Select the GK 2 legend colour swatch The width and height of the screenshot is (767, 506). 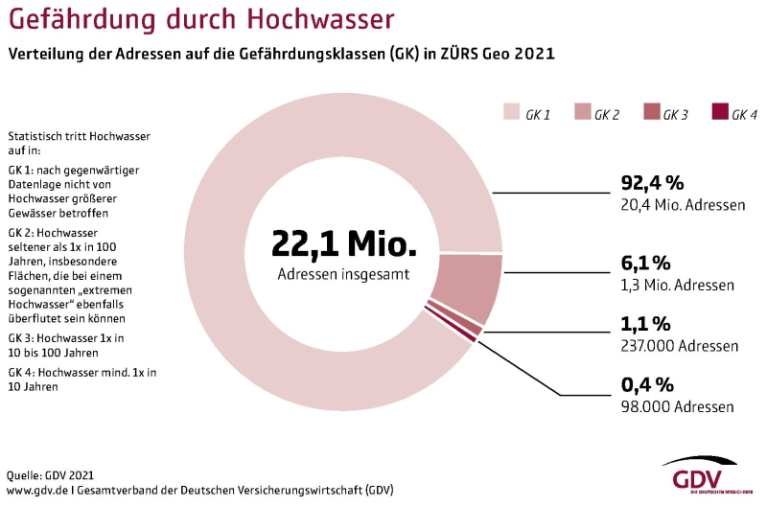pyautogui.click(x=581, y=114)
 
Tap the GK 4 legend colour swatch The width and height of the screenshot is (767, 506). pyautogui.click(x=719, y=114)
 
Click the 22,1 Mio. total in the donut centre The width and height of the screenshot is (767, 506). pyautogui.click(x=344, y=243)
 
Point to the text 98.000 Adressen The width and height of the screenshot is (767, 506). pyautogui.click(x=678, y=406)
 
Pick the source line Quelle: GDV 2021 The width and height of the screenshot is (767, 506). pyautogui.click(x=50, y=474)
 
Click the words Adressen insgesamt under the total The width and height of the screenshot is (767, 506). pyautogui.click(x=344, y=274)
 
